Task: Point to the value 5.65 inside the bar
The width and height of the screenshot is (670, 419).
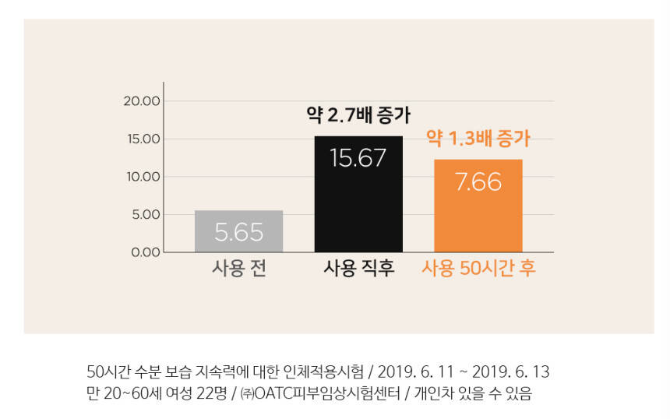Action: (x=238, y=232)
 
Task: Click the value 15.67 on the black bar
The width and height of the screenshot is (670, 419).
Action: (x=358, y=157)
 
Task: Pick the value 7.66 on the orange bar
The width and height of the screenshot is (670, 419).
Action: (x=478, y=182)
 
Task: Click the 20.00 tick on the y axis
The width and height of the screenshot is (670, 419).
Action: (x=142, y=101)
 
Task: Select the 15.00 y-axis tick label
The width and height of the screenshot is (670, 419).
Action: (x=142, y=139)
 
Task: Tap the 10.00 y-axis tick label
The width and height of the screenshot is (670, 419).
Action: (x=142, y=177)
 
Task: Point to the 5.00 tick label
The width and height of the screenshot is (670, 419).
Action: (x=145, y=214)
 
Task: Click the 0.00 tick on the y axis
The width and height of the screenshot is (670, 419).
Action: (x=145, y=252)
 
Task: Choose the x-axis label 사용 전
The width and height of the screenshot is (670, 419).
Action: (x=239, y=269)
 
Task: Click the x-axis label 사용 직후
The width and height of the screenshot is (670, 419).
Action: (x=358, y=269)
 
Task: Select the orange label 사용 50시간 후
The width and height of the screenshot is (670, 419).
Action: (x=478, y=269)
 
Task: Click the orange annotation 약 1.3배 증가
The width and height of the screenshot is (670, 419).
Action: (x=478, y=139)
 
